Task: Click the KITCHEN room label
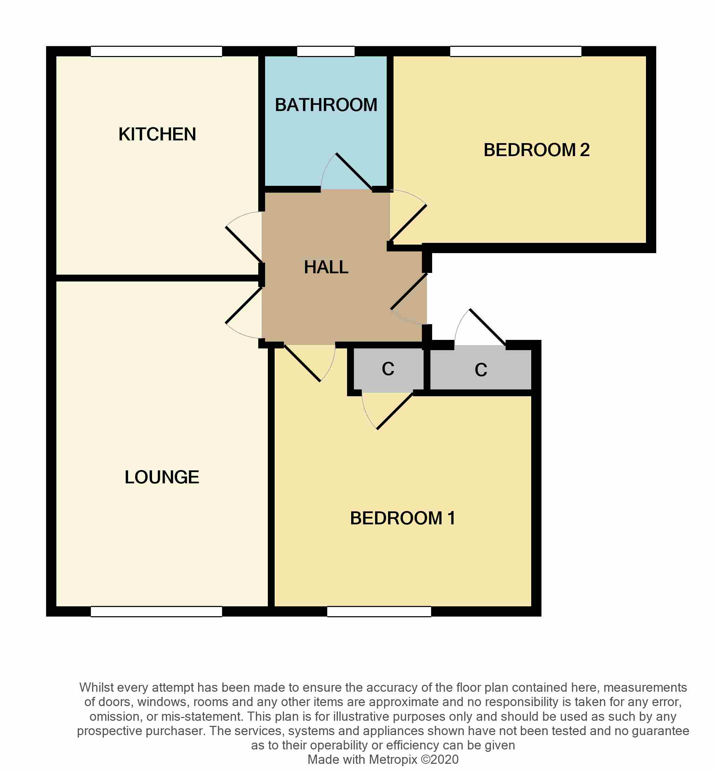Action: pyautogui.click(x=157, y=134)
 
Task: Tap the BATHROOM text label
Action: pyautogui.click(x=326, y=105)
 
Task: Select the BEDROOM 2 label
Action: pyautogui.click(x=537, y=150)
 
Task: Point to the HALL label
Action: pyautogui.click(x=326, y=267)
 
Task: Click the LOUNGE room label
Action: pyautogui.click(x=162, y=477)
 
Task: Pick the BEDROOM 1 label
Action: pyautogui.click(x=402, y=518)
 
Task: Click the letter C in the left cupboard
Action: pyautogui.click(x=388, y=369)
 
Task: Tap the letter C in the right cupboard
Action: pyautogui.click(x=481, y=370)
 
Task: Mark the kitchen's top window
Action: pyautogui.click(x=156, y=51)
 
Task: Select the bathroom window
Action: pyautogui.click(x=326, y=51)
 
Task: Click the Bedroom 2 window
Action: pyautogui.click(x=516, y=51)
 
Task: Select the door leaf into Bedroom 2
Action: pyautogui.click(x=408, y=223)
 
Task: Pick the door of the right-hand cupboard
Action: pyautogui.click(x=488, y=327)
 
